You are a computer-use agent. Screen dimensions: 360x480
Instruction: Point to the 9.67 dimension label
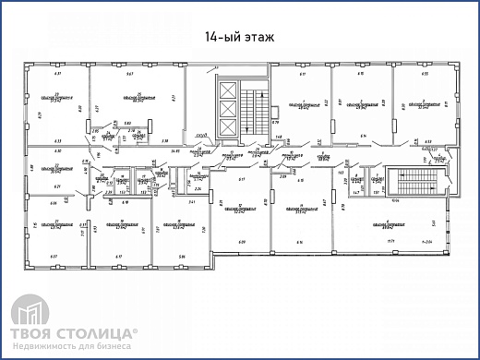[x=132, y=72]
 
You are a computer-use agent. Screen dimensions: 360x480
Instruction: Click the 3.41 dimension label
[x=191, y=200]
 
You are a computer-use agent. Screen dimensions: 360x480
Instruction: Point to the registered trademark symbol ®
[x=138, y=328]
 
